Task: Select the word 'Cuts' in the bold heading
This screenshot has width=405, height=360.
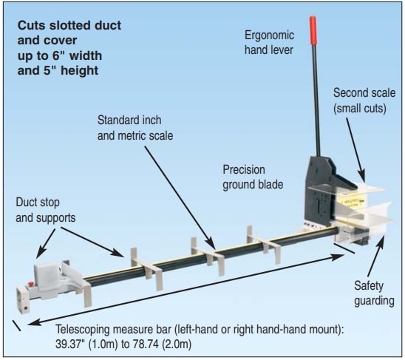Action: (x=34, y=26)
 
